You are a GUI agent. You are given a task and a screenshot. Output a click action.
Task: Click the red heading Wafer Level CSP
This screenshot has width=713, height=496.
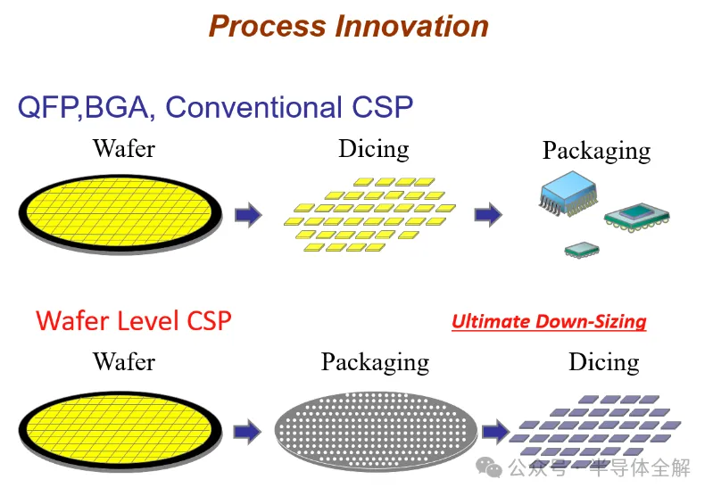(134, 320)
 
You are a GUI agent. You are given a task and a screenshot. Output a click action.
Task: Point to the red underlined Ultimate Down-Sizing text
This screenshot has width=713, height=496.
(549, 321)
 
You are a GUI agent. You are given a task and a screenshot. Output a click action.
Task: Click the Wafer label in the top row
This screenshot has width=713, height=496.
(124, 148)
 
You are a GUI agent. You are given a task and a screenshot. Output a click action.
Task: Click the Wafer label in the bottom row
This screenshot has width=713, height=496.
(124, 361)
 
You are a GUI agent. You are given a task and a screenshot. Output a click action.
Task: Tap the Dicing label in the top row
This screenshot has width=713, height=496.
(373, 148)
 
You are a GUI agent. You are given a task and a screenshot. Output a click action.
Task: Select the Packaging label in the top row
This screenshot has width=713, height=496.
(596, 150)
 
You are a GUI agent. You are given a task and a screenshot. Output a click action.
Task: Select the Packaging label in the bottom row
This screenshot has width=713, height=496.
(375, 362)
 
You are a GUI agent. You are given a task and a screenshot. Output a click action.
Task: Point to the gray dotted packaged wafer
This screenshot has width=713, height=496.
(375, 430)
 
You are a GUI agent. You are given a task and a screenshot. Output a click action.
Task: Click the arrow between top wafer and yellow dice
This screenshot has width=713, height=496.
(248, 215)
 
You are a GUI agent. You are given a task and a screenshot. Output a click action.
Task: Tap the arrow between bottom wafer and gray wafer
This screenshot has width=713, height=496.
(248, 432)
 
